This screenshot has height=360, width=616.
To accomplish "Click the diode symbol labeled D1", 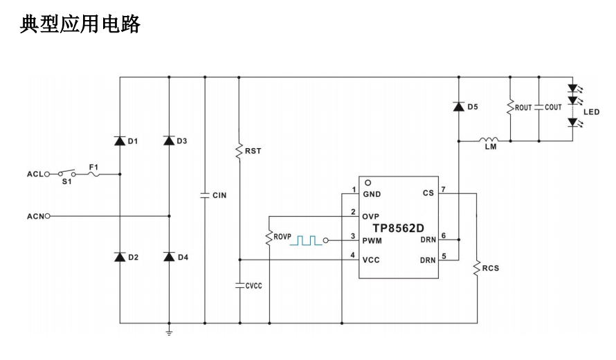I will point(120,141).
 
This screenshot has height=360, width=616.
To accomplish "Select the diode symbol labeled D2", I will point(120,257).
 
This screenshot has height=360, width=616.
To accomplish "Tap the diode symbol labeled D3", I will point(169,141).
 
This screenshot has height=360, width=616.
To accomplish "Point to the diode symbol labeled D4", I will point(169,257).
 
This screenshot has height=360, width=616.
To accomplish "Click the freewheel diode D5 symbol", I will point(458,107).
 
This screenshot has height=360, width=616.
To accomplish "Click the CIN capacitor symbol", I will point(205,195).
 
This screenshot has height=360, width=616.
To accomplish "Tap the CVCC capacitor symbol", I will point(238,285).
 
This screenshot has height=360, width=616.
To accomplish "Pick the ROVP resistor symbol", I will point(269,237).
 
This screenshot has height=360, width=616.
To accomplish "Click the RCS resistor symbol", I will point(477,267).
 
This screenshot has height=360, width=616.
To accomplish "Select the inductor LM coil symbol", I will point(490,141).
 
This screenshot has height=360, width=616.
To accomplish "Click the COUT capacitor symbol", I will point(538,107).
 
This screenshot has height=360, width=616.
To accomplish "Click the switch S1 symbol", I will point(66,173).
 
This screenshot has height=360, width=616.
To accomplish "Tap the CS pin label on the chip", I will point(428,193).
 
